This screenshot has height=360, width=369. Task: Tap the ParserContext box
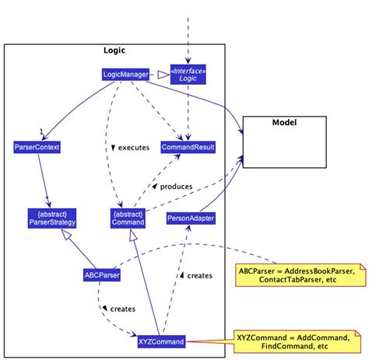tap(37, 146)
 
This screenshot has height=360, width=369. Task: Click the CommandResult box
tap(188, 146)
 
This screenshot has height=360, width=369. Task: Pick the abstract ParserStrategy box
tap(47, 217)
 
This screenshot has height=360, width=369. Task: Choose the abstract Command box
tap(128, 217)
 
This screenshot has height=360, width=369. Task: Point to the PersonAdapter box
tap(191, 219)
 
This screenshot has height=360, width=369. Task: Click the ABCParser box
tap(101, 274)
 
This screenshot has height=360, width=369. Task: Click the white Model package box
tap(283, 142)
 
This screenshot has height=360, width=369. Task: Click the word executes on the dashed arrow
tap(133, 146)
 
